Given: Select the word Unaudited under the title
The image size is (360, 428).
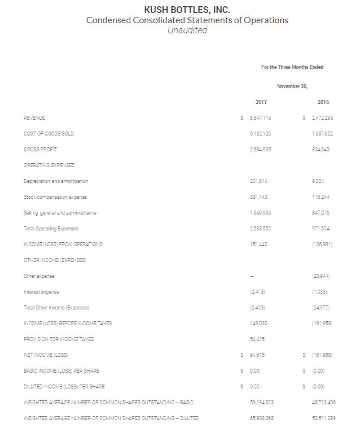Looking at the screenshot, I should coord(187,30).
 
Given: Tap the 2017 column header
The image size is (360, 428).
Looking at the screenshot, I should coord(261,102).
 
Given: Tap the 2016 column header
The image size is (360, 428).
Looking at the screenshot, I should coord(323,102).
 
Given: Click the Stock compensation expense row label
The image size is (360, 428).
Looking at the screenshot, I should coord(56,196).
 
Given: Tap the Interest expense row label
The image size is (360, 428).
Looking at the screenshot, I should coord(41,291).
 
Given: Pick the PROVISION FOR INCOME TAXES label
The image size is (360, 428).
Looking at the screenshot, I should coord(59,339).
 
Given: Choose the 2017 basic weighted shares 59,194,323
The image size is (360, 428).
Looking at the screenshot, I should coord(261,402).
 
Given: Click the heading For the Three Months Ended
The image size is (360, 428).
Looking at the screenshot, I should coord(292,67).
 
